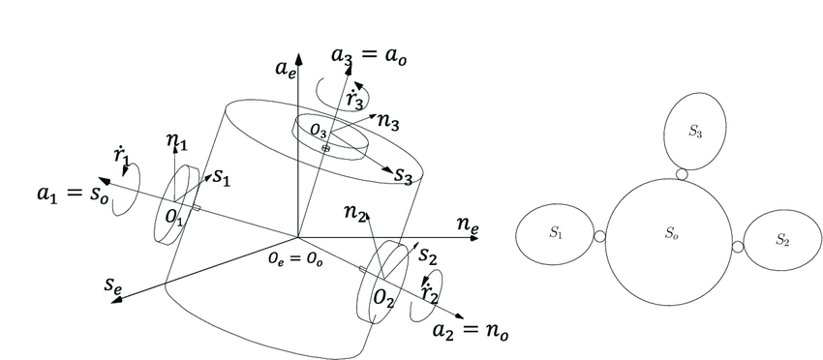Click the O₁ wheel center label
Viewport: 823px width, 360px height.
coord(173,221)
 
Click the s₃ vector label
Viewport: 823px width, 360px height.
coord(404,176)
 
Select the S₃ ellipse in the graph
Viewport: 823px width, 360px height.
coord(694,132)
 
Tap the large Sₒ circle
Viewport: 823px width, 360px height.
coord(670,232)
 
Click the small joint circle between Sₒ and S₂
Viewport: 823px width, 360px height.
coord(738,247)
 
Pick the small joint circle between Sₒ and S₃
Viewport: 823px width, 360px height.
coord(683,174)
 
